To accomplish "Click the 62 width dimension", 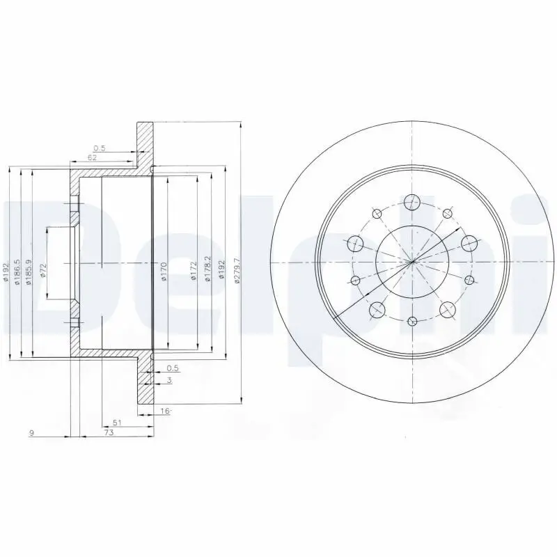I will tap(92, 158).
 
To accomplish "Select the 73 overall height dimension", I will tap(109, 432).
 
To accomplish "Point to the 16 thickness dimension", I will tap(165, 411).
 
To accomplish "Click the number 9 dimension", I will tap(31, 432).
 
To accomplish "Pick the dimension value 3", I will tap(169, 379).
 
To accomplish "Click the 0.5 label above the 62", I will tap(99, 148).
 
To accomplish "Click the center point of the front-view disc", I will tap(412, 262).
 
